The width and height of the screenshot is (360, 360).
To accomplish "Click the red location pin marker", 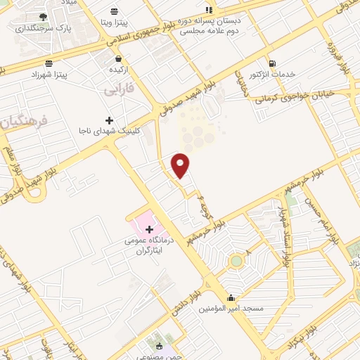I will coord(181,165).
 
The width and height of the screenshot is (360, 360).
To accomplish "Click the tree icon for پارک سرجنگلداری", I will coord(44,16).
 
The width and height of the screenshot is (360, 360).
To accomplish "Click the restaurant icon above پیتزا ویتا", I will coord(115,11).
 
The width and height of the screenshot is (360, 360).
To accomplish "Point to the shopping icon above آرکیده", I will coord(117,58).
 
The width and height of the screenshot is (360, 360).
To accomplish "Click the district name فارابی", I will coord(118,91).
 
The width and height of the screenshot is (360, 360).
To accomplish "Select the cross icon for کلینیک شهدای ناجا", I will coord(109,120).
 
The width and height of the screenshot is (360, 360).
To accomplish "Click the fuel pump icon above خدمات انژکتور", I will coord(271,63).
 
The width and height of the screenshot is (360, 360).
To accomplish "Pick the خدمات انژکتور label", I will coord(272,75).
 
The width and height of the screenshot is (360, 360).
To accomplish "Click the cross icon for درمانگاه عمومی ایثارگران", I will coord(149,229).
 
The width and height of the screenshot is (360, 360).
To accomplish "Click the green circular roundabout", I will coord(237,262).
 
